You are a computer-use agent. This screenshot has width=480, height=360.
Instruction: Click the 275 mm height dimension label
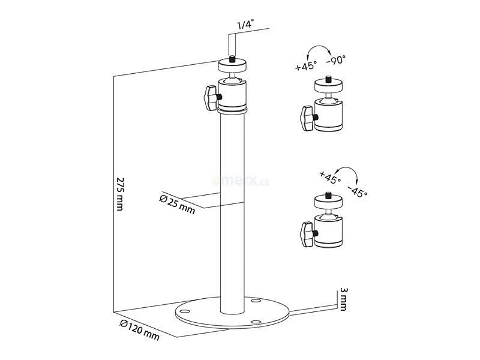click(121, 195)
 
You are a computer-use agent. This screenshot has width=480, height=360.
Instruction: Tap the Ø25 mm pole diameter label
click(177, 203)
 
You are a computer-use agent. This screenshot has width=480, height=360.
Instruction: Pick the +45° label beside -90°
click(306, 67)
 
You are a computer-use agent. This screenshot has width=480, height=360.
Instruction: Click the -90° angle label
click(336, 60)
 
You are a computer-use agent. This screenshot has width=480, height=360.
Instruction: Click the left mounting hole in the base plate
click(184, 311)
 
